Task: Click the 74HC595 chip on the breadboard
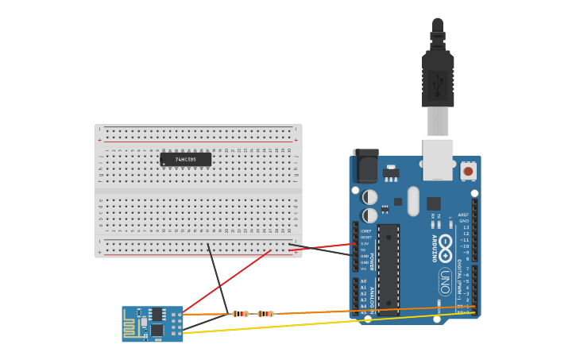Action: [185, 159]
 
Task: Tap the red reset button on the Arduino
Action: [468, 171]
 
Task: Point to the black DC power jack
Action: [365, 166]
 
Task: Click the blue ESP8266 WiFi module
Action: [153, 323]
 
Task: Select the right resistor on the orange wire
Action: [265, 314]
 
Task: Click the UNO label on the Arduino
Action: [446, 281]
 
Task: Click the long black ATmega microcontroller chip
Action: [388, 269]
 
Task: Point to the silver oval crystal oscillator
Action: [412, 201]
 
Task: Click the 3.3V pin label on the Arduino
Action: [365, 243]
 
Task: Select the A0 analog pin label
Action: [364, 281]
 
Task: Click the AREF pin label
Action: [463, 215]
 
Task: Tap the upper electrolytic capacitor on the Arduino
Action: [370, 196]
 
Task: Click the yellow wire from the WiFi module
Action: [318, 323]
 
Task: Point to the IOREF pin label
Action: [365, 230]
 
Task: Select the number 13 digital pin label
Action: [466, 227]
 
